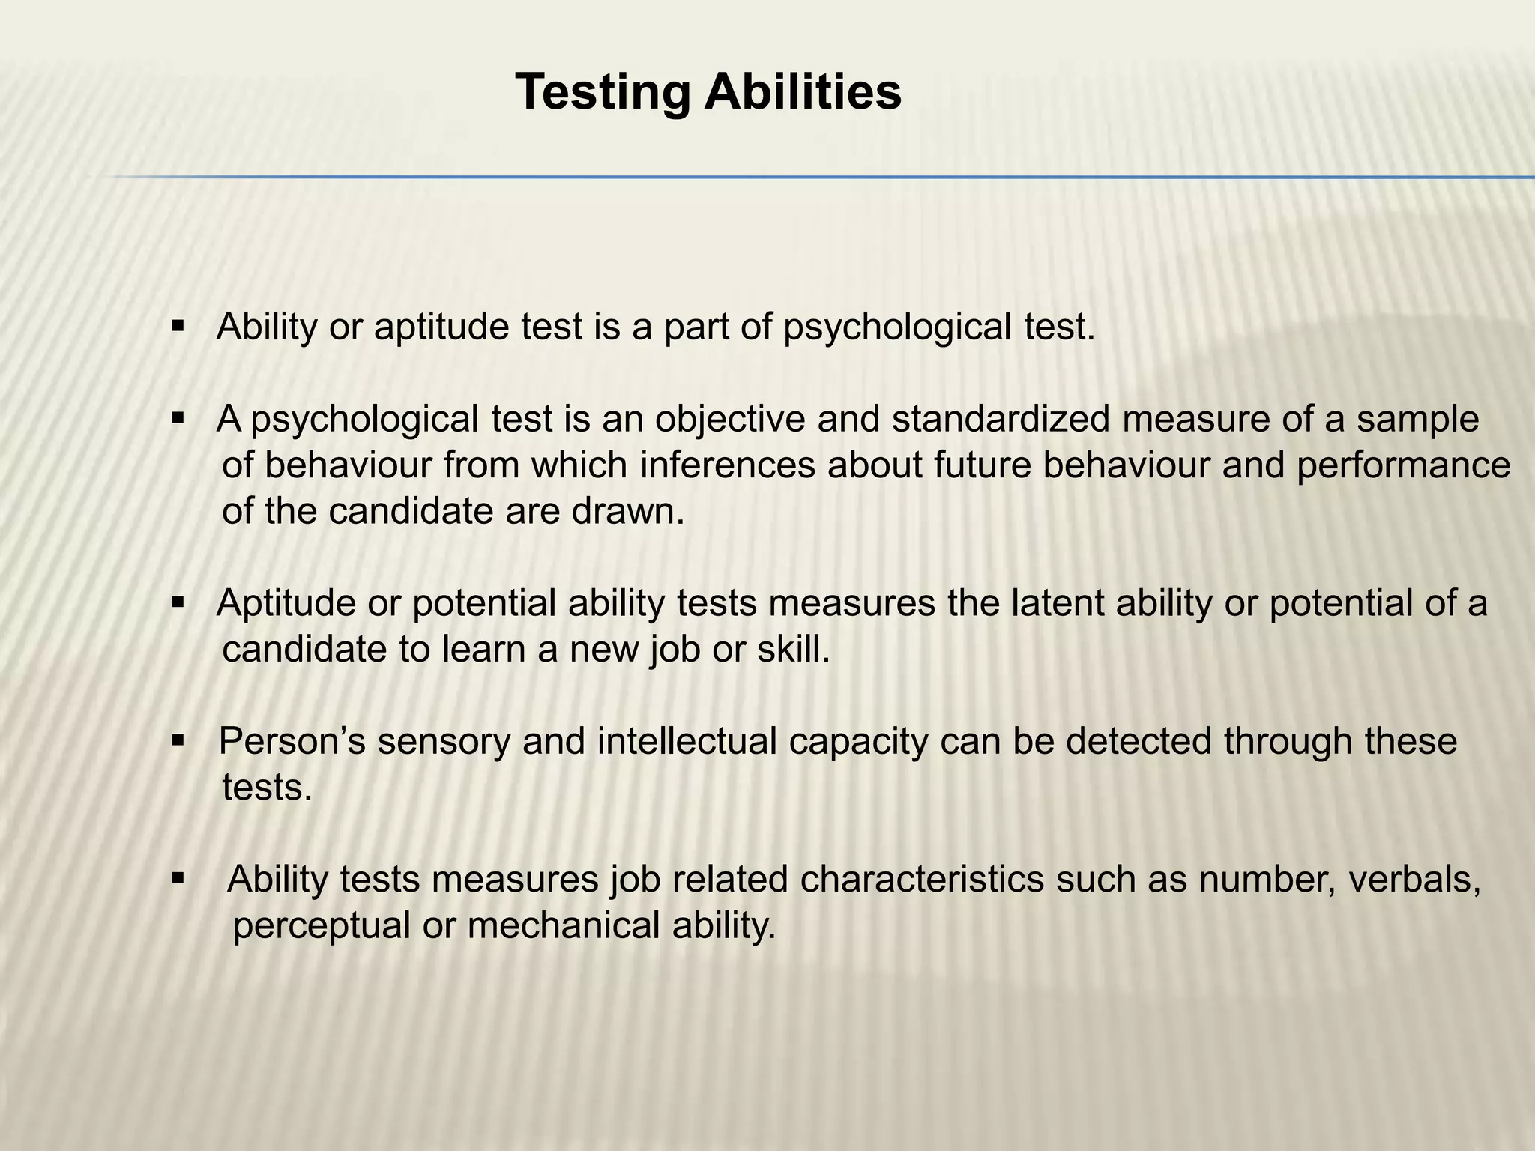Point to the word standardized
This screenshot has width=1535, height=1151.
tap(1000, 420)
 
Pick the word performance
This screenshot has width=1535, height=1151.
tap(1403, 467)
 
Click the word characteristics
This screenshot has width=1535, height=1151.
tap(922, 880)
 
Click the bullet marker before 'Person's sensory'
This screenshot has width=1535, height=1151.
tap(178, 742)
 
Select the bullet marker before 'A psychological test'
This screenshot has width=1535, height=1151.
tap(178, 419)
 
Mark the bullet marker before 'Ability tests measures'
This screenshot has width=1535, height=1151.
tap(178, 878)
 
